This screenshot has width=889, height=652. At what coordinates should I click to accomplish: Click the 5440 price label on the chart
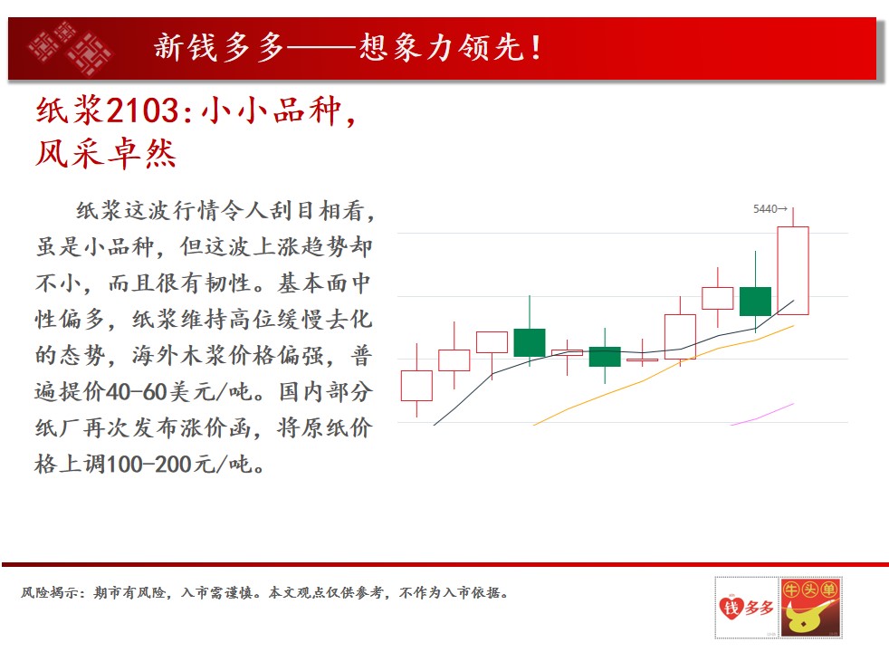tap(765, 208)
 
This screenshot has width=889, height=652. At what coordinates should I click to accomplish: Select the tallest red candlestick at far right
tap(793, 270)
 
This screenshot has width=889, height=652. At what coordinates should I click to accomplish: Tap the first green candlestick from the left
tap(530, 342)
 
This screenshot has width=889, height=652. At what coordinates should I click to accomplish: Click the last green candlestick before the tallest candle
tap(755, 301)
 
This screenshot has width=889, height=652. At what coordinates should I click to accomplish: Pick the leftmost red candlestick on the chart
tap(416, 386)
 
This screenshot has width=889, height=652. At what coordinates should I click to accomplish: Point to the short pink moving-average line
tap(762, 415)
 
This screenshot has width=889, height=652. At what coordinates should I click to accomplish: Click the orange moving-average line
tap(664, 374)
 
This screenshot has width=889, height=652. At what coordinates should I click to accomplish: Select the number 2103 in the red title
tap(143, 110)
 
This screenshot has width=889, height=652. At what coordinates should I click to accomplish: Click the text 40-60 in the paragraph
tap(136, 392)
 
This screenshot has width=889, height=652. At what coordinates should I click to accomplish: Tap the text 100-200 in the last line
tap(149, 465)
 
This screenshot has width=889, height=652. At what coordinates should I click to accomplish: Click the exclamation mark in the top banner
tap(536, 48)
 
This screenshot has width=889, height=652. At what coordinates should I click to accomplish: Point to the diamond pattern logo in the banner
tap(70, 48)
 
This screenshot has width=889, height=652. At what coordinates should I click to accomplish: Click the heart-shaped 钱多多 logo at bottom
tap(746, 609)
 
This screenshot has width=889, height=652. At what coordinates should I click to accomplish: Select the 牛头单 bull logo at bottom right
tap(811, 608)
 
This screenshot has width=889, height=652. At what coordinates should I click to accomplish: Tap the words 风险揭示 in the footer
tap(49, 593)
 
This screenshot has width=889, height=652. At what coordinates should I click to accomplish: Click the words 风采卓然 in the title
tap(106, 153)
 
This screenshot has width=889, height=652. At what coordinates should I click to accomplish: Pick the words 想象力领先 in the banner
tap(441, 47)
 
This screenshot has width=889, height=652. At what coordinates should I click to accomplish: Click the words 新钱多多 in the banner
tap(219, 47)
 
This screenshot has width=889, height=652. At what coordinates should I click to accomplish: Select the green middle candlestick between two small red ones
tap(605, 357)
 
